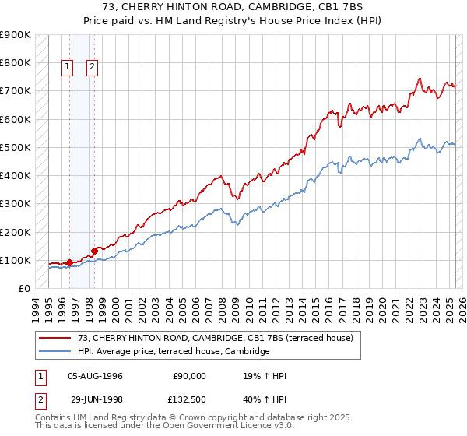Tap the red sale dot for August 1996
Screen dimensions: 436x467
(69, 262)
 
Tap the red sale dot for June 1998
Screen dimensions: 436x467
(94, 251)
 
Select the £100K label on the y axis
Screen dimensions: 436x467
(16, 260)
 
